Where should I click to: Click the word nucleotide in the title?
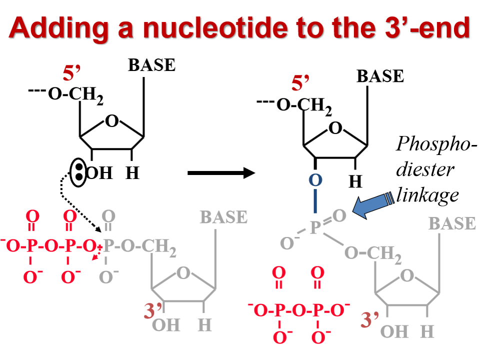[206, 28]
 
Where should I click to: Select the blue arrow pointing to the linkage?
[375, 205]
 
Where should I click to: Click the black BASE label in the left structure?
[152, 65]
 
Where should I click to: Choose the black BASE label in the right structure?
[380, 76]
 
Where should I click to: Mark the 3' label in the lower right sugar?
[370, 318]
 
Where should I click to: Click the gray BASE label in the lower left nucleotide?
[224, 217]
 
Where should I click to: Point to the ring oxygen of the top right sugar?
[335, 128]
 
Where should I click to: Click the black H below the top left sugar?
[132, 173]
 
